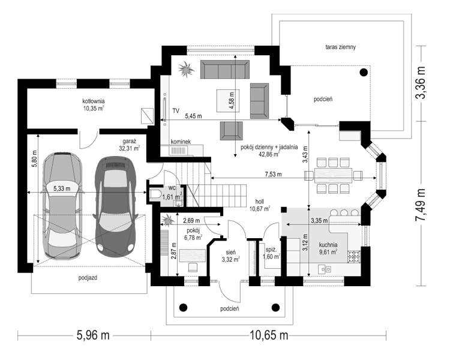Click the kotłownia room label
coord(93,104)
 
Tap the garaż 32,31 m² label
coord(130,145)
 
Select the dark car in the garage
coord(115,206)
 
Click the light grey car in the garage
coord(62,206)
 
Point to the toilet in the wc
coord(155,193)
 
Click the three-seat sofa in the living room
coord(225,69)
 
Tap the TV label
coord(176,110)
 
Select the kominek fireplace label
coord(181,142)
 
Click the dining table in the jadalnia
coord(334,175)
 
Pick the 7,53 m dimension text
coord(273,174)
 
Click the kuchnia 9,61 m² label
coord(328,248)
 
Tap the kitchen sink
coord(325,269)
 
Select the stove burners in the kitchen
coord(354,257)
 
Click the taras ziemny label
coord(340,47)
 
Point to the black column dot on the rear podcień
coord(364,72)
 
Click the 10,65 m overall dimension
coord(269,335)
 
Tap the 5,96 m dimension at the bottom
coord(93,335)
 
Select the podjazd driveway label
coord(88,278)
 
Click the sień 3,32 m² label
coord(230,256)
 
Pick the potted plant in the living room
coord(185,69)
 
